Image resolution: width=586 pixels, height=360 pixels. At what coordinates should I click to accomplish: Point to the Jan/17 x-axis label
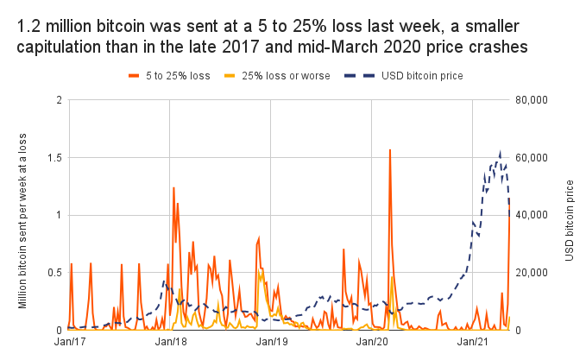[x=70, y=343]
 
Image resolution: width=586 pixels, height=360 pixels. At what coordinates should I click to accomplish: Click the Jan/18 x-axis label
[x=170, y=343]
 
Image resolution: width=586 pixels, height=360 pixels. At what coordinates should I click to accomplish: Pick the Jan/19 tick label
[x=271, y=343]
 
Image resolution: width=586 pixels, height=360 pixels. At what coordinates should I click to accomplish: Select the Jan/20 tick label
[x=371, y=343]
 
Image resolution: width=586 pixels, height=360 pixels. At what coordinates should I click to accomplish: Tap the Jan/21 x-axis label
[x=472, y=343]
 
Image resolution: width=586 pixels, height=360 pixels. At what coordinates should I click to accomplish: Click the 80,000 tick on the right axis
[x=531, y=100]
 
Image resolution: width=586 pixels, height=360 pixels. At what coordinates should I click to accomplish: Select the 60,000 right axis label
[x=531, y=158]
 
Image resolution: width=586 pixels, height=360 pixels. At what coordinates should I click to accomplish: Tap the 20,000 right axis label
[x=531, y=273]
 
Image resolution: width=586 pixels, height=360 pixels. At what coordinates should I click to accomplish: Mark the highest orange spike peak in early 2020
[x=390, y=150]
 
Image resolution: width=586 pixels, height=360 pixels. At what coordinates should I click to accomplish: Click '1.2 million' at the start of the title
[x=59, y=26]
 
